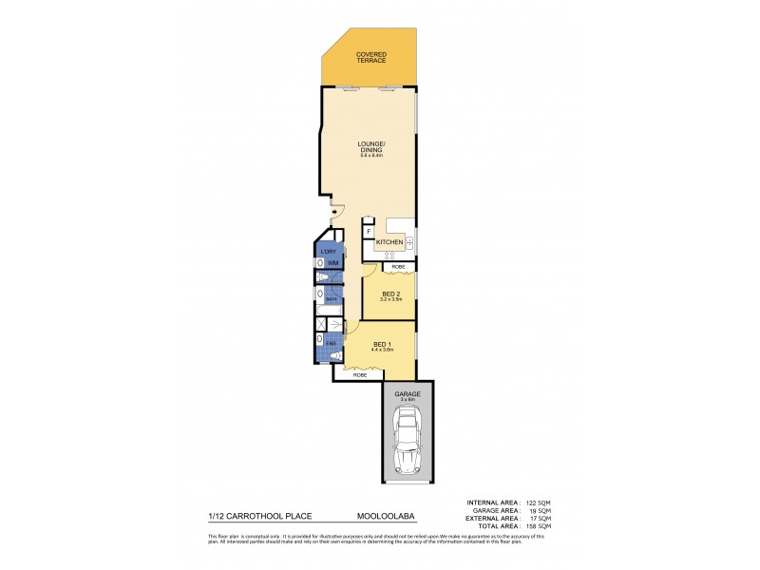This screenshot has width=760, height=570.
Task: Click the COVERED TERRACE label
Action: [370, 58]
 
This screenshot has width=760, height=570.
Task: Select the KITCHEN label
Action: [389, 243]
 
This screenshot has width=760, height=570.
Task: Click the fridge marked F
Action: [369, 231]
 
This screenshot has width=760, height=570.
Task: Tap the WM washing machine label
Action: [332, 263]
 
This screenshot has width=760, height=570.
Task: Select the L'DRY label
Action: [329, 252]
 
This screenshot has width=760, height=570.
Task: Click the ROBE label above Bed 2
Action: [398, 267]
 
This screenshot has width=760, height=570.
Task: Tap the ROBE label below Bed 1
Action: [360, 376]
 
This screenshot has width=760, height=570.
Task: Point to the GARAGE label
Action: [408, 393]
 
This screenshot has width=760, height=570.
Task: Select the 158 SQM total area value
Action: [540, 525]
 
